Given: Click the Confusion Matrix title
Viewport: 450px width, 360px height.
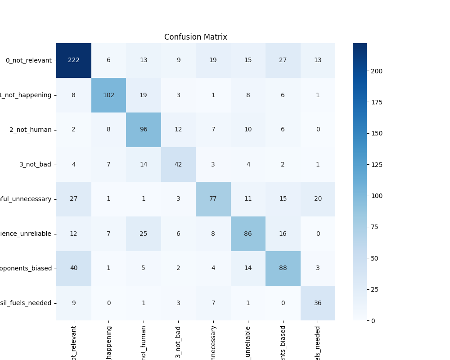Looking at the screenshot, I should pyautogui.click(x=195, y=37).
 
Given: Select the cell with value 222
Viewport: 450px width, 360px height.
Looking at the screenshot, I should pyautogui.click(x=74, y=60).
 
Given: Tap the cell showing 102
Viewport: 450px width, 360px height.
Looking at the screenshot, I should pyautogui.click(x=108, y=95).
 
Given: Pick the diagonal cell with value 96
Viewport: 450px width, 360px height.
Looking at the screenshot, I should pyautogui.click(x=144, y=130).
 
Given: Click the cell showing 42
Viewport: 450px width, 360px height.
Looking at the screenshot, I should pyautogui.click(x=178, y=164).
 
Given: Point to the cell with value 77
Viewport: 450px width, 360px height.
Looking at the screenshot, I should pyautogui.click(x=213, y=199).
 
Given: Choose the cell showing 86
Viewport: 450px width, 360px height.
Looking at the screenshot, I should pyautogui.click(x=248, y=234).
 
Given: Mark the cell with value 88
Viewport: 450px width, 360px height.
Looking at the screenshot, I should pyautogui.click(x=283, y=268).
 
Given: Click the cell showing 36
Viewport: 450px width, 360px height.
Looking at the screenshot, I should pyautogui.click(x=318, y=303).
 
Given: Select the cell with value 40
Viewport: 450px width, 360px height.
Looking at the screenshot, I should pyautogui.click(x=74, y=268).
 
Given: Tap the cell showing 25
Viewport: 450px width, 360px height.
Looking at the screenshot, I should pyautogui.click(x=144, y=234).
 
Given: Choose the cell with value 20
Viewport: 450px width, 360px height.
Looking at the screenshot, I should pyautogui.click(x=318, y=199).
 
